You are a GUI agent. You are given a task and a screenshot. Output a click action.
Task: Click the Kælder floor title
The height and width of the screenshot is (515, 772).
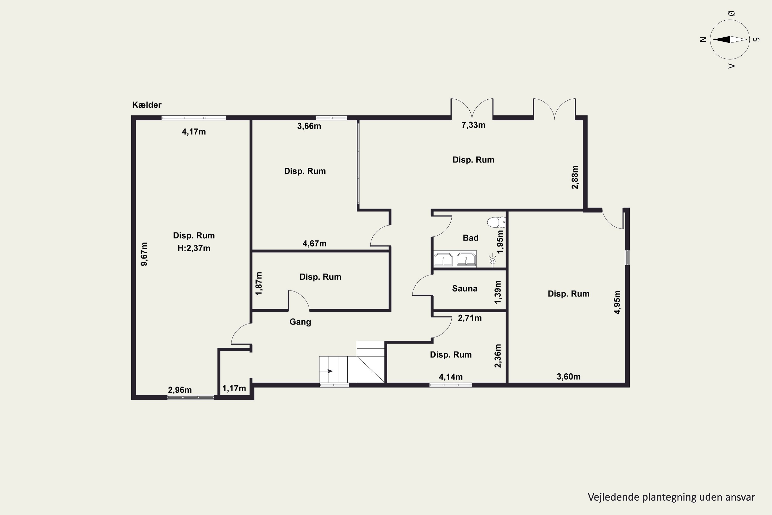tap(147, 105)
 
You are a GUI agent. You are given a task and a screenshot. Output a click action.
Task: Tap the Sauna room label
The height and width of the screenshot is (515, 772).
tap(464, 288)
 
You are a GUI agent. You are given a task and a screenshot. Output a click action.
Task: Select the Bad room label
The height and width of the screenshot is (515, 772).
tap(470, 238)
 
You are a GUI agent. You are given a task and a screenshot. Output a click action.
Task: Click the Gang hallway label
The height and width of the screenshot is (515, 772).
tap(300, 322)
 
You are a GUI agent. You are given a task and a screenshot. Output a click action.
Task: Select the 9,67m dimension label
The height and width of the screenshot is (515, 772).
tap(144, 254)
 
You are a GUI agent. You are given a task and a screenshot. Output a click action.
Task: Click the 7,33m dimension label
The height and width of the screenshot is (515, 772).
tap(473, 125)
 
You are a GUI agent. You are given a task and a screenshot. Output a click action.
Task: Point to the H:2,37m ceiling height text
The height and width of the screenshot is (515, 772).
tap(194, 248)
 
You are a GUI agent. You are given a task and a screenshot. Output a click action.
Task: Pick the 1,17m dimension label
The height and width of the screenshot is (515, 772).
tap(234, 389)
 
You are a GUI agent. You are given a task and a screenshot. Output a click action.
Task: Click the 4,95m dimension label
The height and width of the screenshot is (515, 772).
tap(617, 302)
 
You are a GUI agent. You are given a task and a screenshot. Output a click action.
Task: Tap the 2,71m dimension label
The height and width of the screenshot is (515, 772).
tap(470, 318)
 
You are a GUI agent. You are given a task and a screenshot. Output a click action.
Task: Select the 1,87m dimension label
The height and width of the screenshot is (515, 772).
tap(259, 284)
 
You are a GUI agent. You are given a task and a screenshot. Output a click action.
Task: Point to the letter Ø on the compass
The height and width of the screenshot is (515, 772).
tap(731, 13)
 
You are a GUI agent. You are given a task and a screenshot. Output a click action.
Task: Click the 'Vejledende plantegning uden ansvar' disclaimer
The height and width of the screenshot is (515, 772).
tap(671, 497)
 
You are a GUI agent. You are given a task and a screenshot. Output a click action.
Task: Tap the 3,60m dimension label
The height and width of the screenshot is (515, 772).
tap(568, 377)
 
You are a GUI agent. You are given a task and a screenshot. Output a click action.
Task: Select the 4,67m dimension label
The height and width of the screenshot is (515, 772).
tap(314, 244)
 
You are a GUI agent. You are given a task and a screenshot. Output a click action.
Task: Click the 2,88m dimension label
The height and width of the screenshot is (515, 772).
tap(575, 177)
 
